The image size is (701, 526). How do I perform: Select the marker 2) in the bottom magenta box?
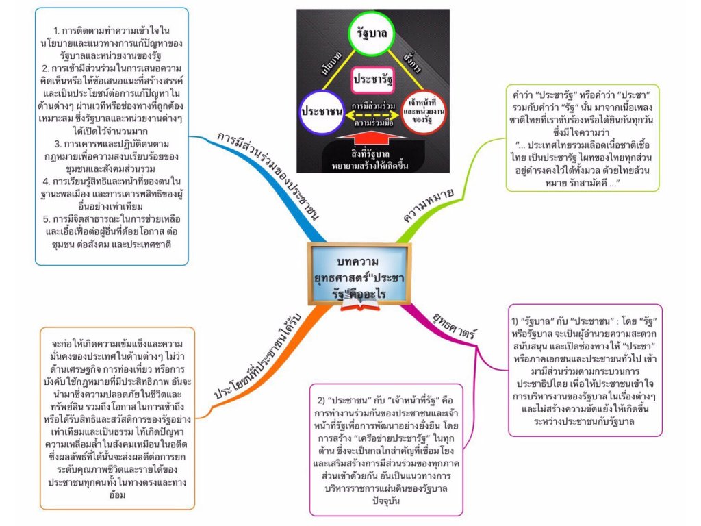323,399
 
